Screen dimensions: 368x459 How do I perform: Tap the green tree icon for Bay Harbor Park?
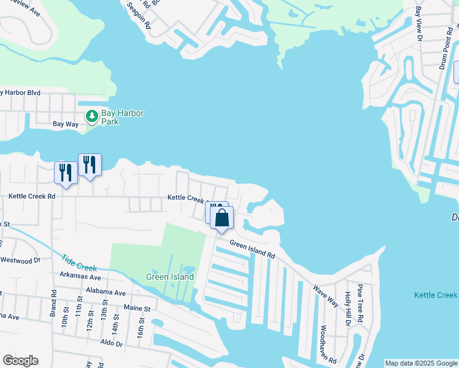92,115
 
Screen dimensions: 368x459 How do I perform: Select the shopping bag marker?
222,218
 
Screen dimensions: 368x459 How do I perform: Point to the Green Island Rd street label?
252,250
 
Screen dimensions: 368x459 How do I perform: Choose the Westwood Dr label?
20,260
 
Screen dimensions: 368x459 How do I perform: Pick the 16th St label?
141,326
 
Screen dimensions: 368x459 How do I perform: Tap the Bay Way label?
66,124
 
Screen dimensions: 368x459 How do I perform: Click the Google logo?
21,360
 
